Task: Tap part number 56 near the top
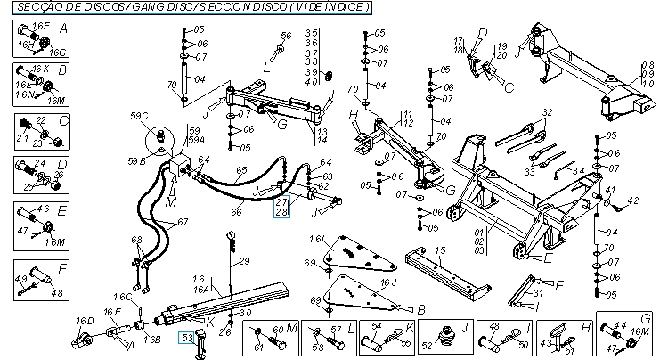pos(286,36)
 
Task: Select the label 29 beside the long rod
pos(240,264)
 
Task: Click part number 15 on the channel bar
pos(439,252)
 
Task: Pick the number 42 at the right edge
pos(634,203)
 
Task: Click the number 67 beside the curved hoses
pos(182,222)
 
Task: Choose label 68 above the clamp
pos(136,240)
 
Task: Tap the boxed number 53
pos(187,337)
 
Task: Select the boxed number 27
pos(282,204)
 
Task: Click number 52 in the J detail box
pos(426,344)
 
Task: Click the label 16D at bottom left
pos(85,321)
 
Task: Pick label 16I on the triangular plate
pos(316,241)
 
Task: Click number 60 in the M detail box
pos(276,329)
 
